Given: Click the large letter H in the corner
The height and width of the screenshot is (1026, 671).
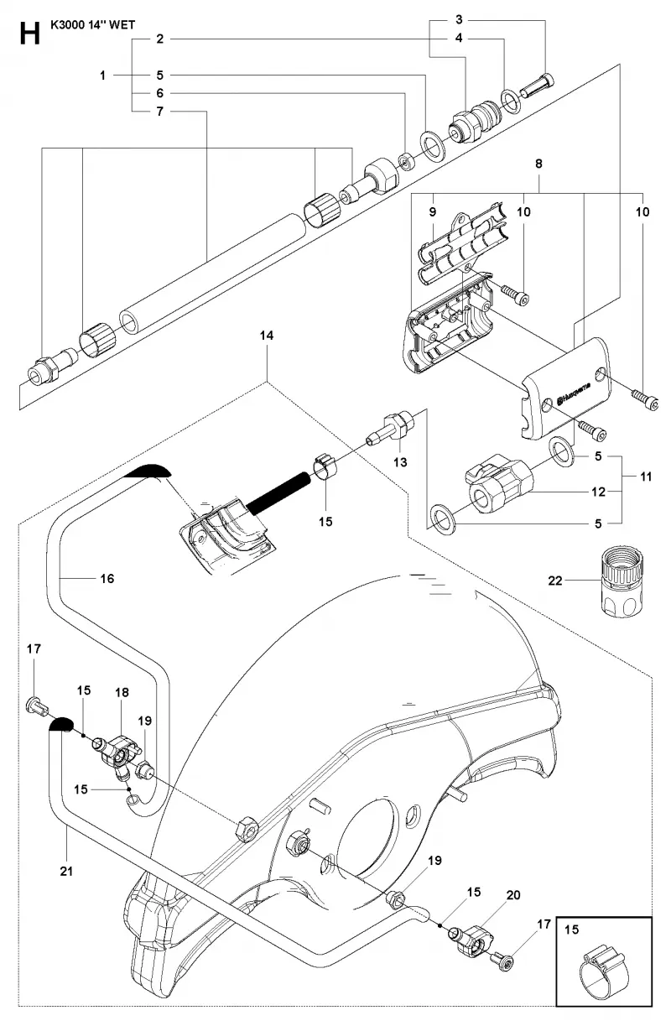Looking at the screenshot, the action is click(x=29, y=34).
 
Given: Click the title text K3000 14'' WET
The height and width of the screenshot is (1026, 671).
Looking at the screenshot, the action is click(x=92, y=25).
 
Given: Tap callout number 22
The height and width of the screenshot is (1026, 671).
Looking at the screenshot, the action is click(x=554, y=581).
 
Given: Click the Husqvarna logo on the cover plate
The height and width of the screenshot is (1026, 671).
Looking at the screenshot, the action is click(x=573, y=393).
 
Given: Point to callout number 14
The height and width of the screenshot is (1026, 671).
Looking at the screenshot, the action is click(x=267, y=336).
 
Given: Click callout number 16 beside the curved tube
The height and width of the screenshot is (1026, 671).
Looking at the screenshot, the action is click(x=107, y=579).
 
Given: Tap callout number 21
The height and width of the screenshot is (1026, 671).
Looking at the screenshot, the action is click(x=66, y=871).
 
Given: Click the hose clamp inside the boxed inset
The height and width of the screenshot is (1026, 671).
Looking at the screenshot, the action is click(x=600, y=969).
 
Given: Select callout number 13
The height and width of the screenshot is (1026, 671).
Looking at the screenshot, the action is click(x=400, y=462).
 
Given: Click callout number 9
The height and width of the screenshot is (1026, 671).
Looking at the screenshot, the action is click(x=432, y=212).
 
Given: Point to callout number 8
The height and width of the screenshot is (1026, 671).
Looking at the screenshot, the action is click(x=538, y=164).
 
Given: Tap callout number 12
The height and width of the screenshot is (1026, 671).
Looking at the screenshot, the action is click(x=598, y=492).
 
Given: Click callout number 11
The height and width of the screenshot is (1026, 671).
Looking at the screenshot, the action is click(x=646, y=477).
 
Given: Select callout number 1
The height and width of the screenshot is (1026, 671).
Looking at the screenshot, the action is click(x=102, y=76).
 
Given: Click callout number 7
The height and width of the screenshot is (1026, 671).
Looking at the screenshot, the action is click(x=159, y=112).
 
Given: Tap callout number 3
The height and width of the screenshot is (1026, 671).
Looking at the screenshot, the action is click(x=459, y=19).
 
